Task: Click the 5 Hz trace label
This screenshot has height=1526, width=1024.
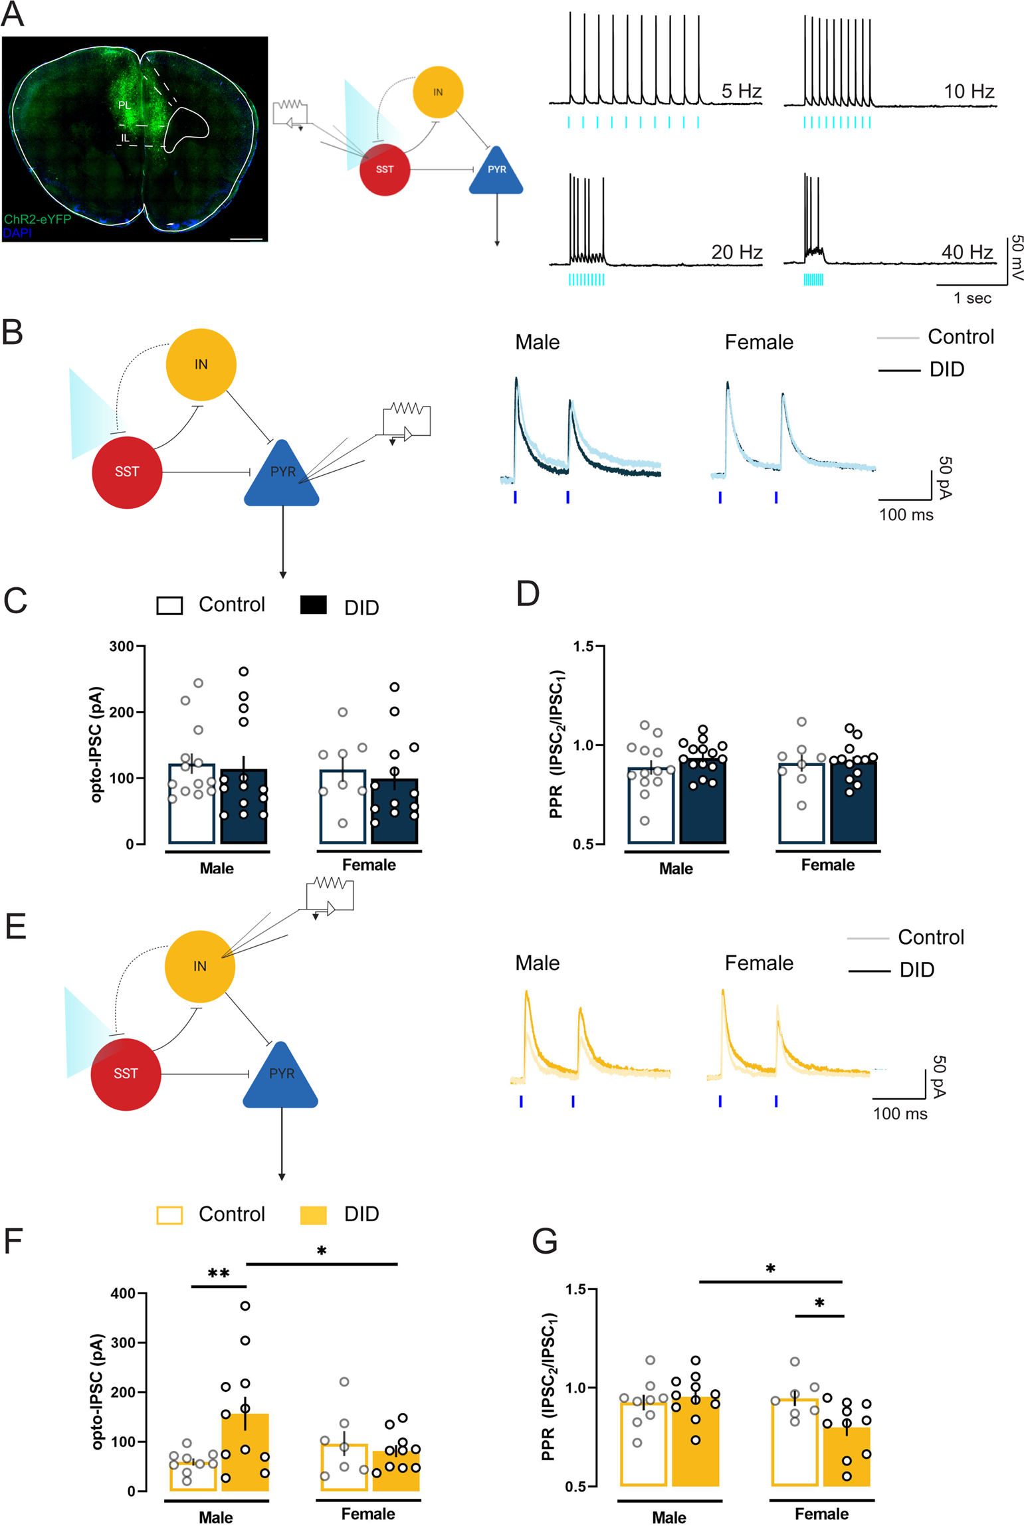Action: tap(741, 91)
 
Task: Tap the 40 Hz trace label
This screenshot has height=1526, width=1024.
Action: tap(966, 252)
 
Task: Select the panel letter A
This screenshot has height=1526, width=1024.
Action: tap(13, 15)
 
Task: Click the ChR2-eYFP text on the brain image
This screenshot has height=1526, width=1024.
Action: tap(38, 219)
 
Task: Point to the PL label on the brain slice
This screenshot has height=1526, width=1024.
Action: tap(124, 105)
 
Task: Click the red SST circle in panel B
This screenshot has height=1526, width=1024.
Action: tap(127, 472)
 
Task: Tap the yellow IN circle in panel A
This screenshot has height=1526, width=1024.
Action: tap(438, 92)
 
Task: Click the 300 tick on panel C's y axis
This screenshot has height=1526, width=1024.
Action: tap(121, 646)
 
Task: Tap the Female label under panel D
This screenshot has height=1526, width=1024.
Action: tap(827, 864)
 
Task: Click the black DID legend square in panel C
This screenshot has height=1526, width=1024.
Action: tap(313, 605)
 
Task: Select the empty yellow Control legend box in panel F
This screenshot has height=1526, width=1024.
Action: tap(169, 1215)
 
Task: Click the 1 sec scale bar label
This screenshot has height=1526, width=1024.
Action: tap(972, 298)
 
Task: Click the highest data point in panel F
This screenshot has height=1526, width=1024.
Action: tap(245, 1305)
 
